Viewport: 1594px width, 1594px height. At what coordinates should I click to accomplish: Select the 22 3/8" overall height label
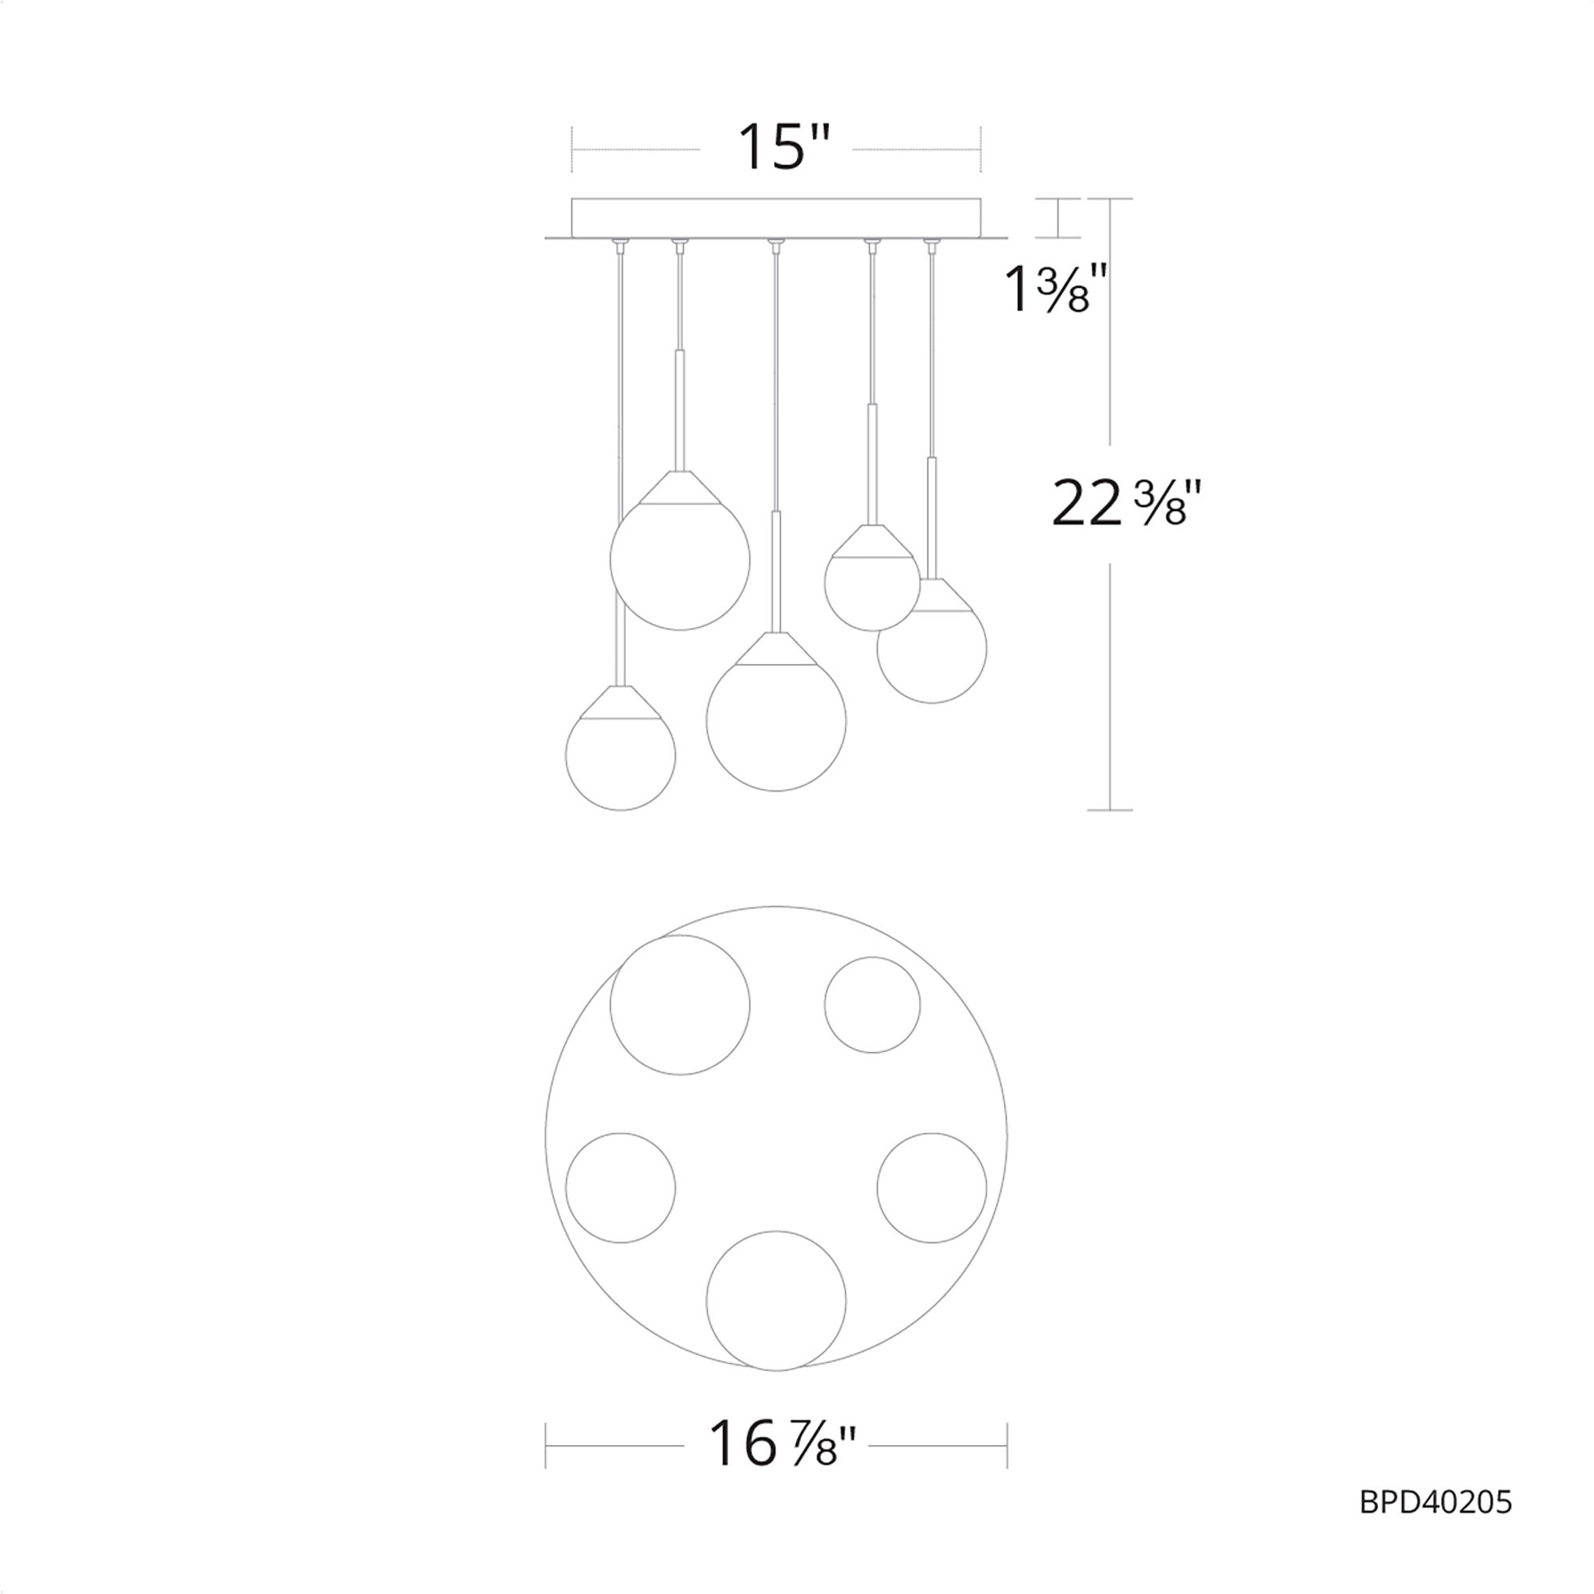(1122, 505)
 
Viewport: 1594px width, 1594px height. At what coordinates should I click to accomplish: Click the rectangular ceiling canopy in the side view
(775, 218)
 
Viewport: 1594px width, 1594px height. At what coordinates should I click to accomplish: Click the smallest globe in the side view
(872, 583)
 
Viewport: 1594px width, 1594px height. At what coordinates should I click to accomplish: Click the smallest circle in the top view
(872, 1004)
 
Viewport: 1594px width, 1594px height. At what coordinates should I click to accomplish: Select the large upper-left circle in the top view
(680, 1004)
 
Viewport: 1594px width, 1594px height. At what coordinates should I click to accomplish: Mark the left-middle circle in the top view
(620, 1188)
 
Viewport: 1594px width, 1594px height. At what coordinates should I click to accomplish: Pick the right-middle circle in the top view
(932, 1188)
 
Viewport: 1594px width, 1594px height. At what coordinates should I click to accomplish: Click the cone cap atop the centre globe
(775, 650)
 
